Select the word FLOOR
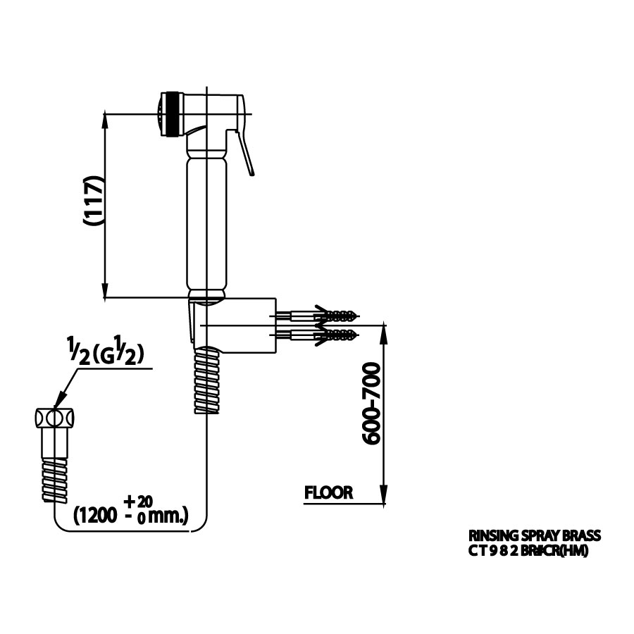pos(328,493)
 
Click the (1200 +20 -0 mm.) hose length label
pos(131,511)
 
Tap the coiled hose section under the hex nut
pos(54,478)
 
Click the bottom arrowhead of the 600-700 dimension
pos(384,497)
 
